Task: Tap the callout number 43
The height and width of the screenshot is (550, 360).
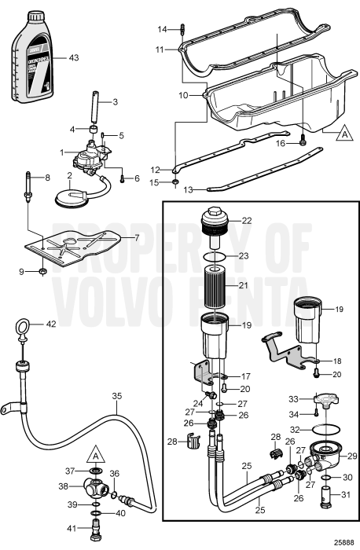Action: coord(74,58)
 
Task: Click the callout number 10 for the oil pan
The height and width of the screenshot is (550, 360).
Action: coord(183,94)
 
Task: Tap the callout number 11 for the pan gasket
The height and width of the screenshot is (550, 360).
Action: coord(160,49)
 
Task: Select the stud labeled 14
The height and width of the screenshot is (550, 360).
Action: coord(183,31)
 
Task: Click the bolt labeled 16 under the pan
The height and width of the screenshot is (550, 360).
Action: coord(302,143)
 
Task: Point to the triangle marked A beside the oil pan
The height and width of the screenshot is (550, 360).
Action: coord(341,134)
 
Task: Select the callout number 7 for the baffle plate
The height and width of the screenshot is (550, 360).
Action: coord(137,236)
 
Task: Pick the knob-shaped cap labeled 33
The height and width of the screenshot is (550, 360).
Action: coord(323,403)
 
